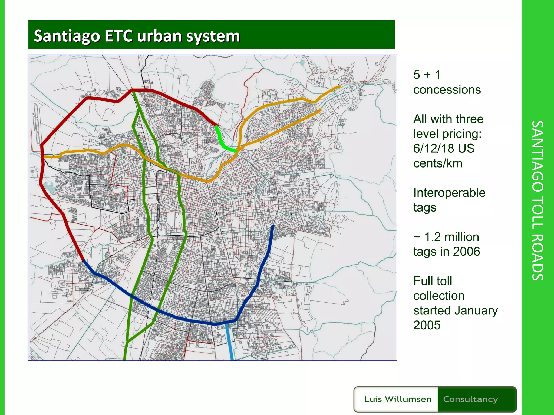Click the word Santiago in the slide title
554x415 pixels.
click(x=67, y=36)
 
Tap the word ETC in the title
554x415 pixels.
click(x=118, y=36)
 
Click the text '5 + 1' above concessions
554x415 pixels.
click(x=427, y=75)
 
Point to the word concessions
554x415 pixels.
click(x=447, y=90)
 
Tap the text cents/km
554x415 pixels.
click(x=438, y=163)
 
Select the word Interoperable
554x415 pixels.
click(x=449, y=193)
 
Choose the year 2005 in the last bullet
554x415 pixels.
click(x=427, y=325)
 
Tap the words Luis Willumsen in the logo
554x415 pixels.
click(x=398, y=399)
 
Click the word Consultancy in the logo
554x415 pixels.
click(x=470, y=399)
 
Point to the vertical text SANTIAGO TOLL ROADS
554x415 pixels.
click(x=537, y=200)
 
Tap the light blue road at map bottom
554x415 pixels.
click(x=230, y=343)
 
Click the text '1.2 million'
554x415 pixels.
click(x=451, y=237)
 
